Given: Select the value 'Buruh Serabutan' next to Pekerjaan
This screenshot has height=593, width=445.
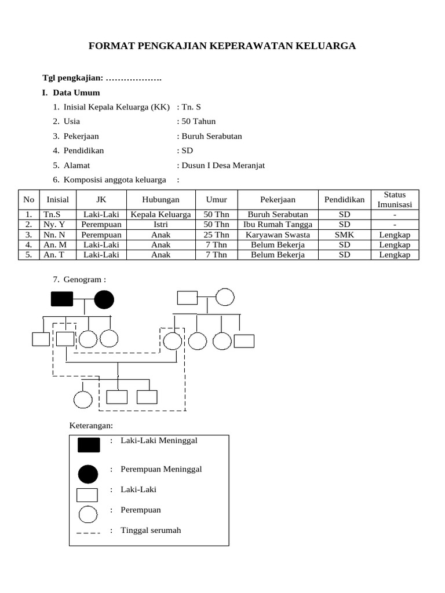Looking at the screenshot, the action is click(211, 136).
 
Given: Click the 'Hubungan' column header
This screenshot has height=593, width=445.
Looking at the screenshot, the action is click(161, 200).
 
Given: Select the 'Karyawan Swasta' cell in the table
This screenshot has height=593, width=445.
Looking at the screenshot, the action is click(278, 235).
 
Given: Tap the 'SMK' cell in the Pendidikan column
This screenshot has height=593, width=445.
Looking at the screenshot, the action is click(344, 235).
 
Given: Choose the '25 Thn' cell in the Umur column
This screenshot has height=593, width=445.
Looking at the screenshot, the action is click(216, 235).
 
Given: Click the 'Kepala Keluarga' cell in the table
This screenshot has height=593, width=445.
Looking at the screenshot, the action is click(161, 214).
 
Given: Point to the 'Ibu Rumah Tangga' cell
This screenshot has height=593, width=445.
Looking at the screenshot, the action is click(278, 224).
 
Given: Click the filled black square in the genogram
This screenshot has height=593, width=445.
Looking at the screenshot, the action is click(62, 299).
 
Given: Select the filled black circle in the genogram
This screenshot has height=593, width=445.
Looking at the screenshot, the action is click(104, 299).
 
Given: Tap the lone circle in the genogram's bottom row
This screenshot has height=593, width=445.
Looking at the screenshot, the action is click(83, 398).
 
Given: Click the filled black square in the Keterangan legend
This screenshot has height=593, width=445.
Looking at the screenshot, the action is click(89, 445).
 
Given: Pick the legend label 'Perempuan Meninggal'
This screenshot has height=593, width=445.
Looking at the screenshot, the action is click(161, 469).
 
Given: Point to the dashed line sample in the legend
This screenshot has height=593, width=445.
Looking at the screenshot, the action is click(88, 531).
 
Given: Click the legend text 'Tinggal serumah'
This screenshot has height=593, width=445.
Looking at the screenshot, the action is click(151, 530).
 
